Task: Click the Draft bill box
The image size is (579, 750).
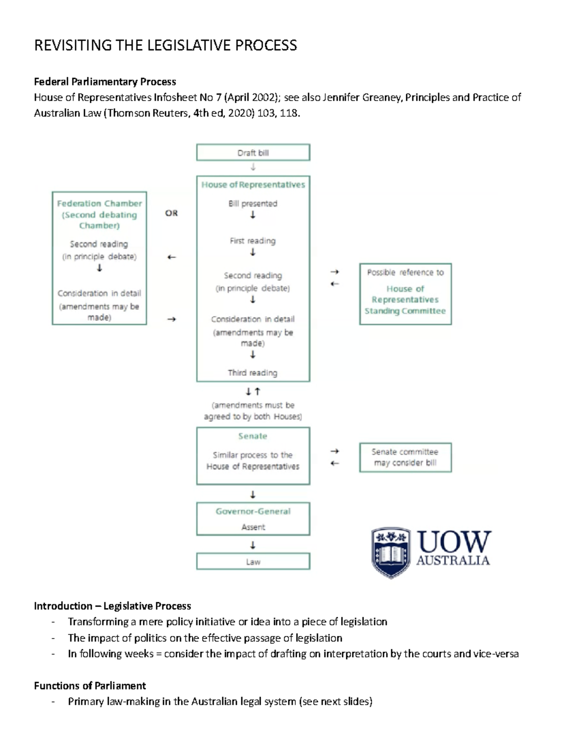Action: (253, 153)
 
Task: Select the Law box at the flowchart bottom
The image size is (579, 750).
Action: (253, 562)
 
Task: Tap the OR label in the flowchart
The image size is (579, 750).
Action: (171, 213)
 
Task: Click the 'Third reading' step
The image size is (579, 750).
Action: (253, 373)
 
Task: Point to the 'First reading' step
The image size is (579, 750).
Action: (253, 241)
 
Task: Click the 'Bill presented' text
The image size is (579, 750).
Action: (253, 203)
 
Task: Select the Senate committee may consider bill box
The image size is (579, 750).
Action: (405, 457)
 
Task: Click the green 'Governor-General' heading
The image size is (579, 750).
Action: (253, 511)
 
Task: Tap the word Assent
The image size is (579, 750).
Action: (253, 527)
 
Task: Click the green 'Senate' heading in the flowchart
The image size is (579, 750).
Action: (253, 436)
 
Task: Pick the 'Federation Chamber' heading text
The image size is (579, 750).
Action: (99, 203)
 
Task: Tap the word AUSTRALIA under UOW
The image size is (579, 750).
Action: (453, 560)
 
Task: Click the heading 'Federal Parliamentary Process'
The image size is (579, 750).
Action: (105, 82)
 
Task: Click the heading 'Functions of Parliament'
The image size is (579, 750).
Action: (90, 686)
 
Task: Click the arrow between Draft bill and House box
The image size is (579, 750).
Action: (253, 168)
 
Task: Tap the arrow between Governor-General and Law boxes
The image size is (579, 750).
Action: (253, 545)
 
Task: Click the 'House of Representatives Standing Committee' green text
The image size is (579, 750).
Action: (405, 300)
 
